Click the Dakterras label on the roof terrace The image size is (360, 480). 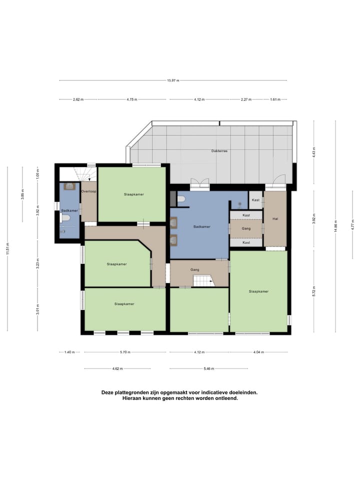[219, 150]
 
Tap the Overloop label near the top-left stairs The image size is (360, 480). [88, 191]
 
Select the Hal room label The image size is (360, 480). [275, 219]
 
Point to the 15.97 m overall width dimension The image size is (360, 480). [173, 80]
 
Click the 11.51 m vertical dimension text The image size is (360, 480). [7, 248]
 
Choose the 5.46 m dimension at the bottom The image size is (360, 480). [208, 369]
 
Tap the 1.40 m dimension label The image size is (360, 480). [69, 352]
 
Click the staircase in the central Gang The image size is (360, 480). [203, 281]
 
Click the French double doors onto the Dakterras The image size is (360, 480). [199, 184]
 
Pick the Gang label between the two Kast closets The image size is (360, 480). [246, 228]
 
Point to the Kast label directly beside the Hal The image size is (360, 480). [255, 200]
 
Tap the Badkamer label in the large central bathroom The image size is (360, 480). [202, 226]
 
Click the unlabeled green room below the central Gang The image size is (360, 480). [199, 310]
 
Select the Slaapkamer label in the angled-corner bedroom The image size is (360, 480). [116, 264]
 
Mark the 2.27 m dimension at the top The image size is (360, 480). [245, 99]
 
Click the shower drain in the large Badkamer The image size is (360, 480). [239, 204]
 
